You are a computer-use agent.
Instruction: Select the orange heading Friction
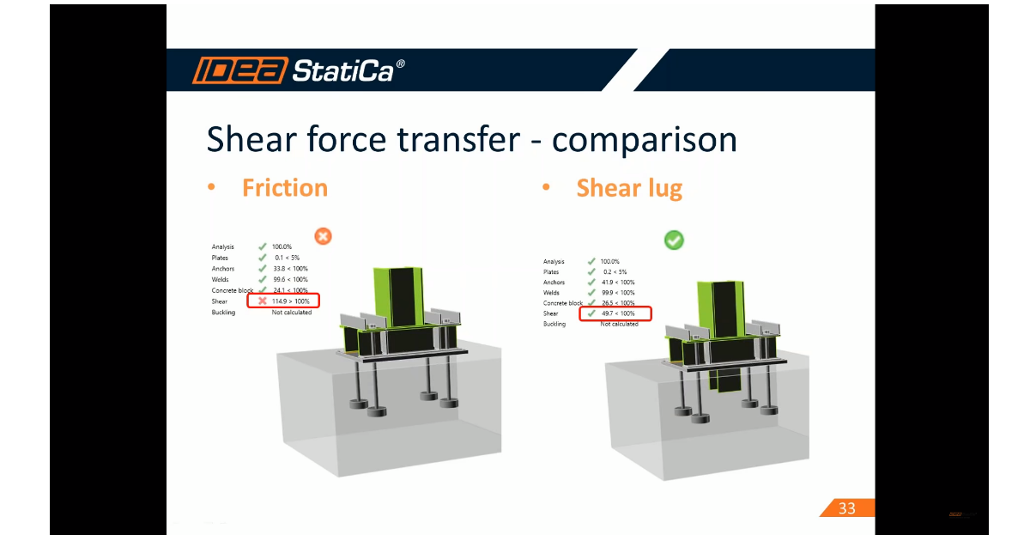point(284,188)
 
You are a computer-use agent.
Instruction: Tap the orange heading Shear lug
point(629,188)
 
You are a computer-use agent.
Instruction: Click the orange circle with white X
point(323,236)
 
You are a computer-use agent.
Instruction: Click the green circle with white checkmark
point(674,240)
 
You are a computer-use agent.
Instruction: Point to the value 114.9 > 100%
point(290,301)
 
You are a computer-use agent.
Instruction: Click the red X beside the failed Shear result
point(263,301)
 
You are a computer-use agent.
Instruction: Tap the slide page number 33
point(846,508)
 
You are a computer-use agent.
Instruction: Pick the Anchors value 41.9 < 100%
point(617,283)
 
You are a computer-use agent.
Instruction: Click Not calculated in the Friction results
point(292,313)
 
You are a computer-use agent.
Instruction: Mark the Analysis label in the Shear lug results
point(554,262)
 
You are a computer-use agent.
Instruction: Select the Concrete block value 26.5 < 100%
point(617,303)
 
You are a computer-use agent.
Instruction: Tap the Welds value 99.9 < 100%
point(617,293)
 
